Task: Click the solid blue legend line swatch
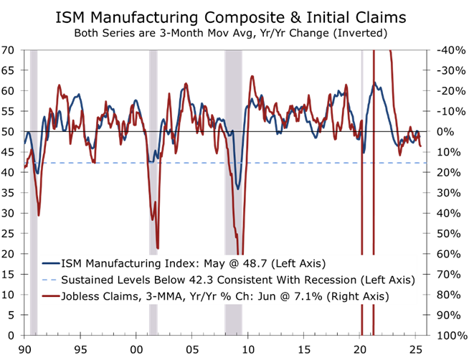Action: pyautogui.click(x=49, y=263)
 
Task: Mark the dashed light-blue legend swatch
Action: pyautogui.click(x=49, y=280)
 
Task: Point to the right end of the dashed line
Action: pyautogui.click(x=427, y=164)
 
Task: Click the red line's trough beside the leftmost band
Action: pyautogui.click(x=39, y=214)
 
